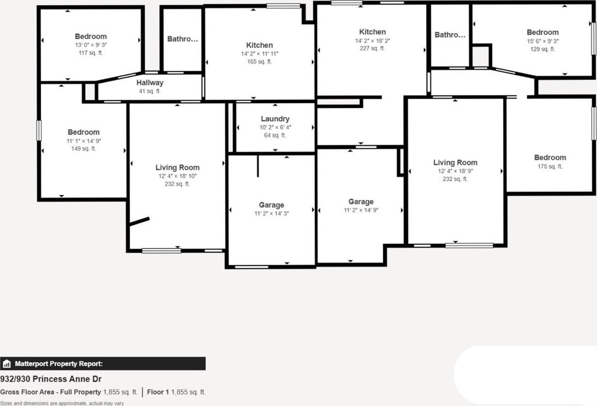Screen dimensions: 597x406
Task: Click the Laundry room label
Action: point(275,119)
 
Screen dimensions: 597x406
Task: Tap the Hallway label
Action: point(150,83)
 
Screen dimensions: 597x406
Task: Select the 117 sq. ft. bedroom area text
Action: point(90,53)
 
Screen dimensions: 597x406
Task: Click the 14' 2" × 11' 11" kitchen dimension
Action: point(259,54)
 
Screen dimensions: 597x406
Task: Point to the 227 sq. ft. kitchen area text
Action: point(372,48)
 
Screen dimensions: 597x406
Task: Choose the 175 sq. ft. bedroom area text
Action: point(550,166)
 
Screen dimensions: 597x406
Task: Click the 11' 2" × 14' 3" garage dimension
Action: point(272,213)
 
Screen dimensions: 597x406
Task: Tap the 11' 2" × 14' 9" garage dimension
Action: point(361,210)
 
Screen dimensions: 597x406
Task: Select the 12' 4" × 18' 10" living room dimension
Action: point(177,176)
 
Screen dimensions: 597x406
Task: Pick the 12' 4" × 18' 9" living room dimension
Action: point(455,171)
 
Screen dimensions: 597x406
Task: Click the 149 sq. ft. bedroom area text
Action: point(83,149)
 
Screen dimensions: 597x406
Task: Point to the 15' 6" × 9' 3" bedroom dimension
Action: point(543,41)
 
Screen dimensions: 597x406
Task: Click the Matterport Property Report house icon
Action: point(7,364)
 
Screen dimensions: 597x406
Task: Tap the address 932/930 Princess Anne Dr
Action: point(51,379)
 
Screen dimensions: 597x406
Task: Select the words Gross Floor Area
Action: point(27,392)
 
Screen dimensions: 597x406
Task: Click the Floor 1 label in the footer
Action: point(158,392)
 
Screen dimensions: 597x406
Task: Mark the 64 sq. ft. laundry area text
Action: point(275,135)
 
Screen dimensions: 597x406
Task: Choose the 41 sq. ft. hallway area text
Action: point(150,92)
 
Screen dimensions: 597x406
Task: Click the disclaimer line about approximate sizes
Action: point(62,403)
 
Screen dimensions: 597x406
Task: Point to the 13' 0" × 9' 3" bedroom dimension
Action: point(90,45)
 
